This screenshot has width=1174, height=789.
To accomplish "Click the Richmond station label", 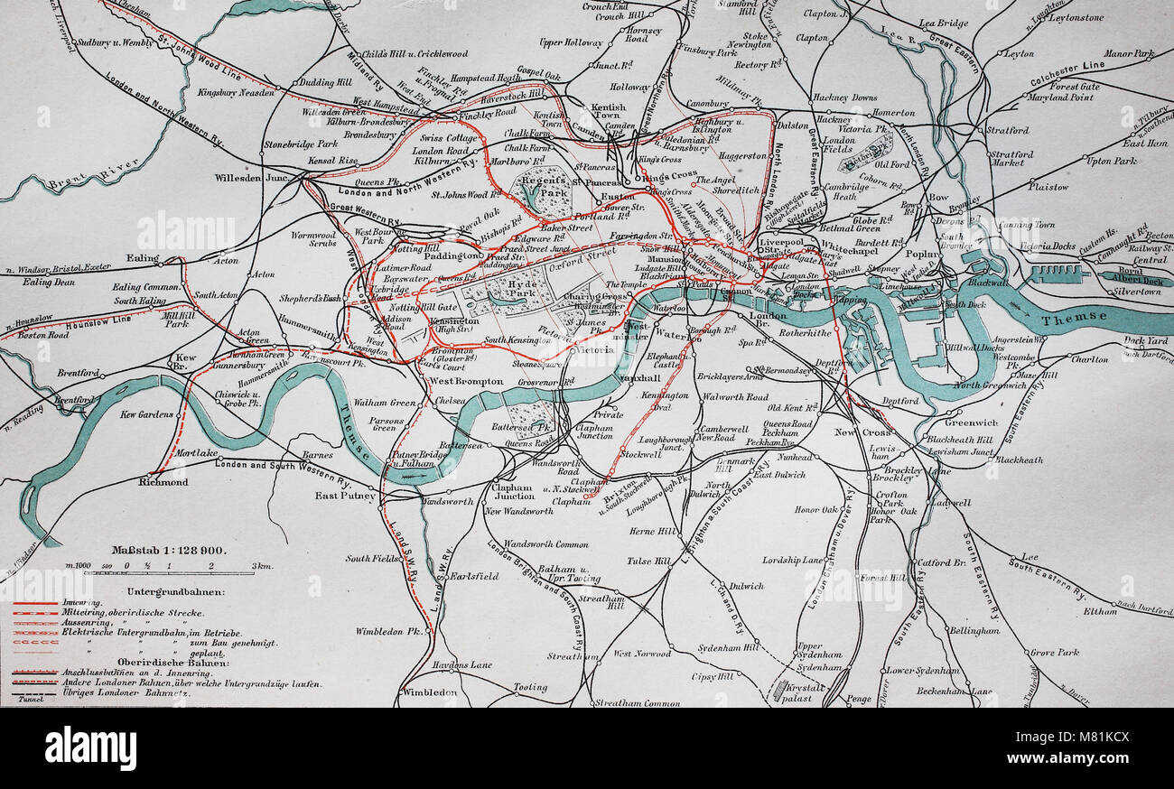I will (163, 482).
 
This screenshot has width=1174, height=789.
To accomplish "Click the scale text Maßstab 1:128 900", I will (169, 549).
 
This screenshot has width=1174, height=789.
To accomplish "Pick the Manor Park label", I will (1129, 54).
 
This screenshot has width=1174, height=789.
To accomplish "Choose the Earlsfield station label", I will (473, 575).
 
